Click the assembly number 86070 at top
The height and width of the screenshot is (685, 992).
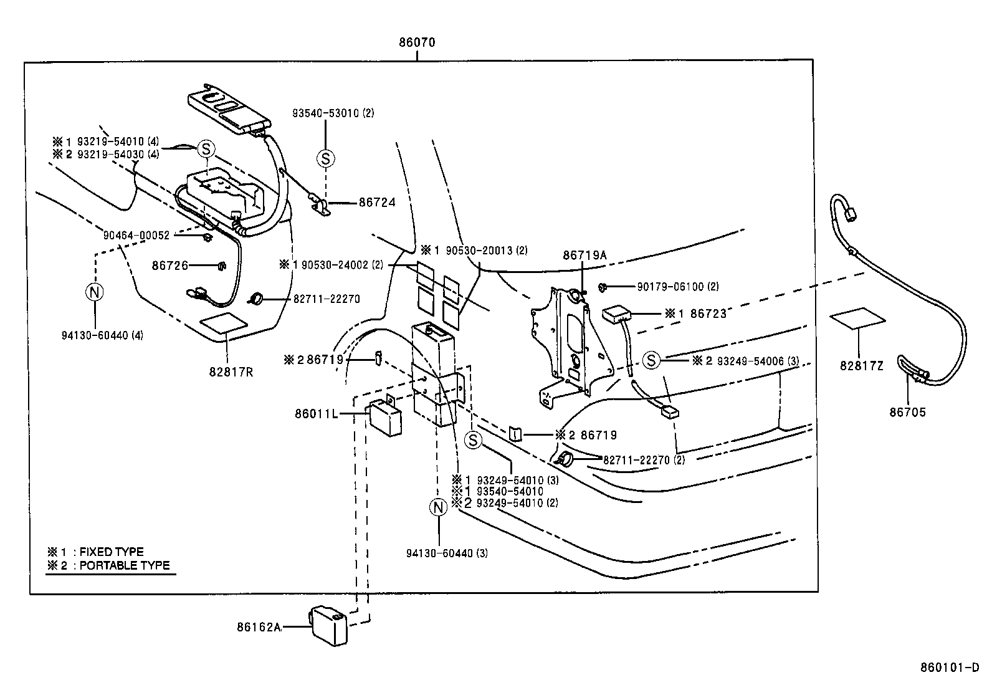tap(417, 43)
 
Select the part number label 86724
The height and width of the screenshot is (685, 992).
tap(376, 203)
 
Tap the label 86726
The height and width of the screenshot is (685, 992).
tap(169, 266)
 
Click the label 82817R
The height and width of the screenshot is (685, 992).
tap(231, 372)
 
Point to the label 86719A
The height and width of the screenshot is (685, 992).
tap(584, 255)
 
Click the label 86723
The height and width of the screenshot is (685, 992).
tap(707, 314)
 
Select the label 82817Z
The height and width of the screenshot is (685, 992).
tap(861, 366)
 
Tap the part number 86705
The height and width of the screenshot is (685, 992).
tap(908, 412)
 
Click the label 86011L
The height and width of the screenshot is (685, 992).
tap(316, 413)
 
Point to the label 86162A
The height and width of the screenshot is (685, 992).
tap(258, 627)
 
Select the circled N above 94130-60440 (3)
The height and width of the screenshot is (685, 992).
tap(439, 507)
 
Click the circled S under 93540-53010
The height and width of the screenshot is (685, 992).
tap(325, 158)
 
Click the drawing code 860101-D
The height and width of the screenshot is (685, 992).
tap(949, 668)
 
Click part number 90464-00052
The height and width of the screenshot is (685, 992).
tap(136, 235)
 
